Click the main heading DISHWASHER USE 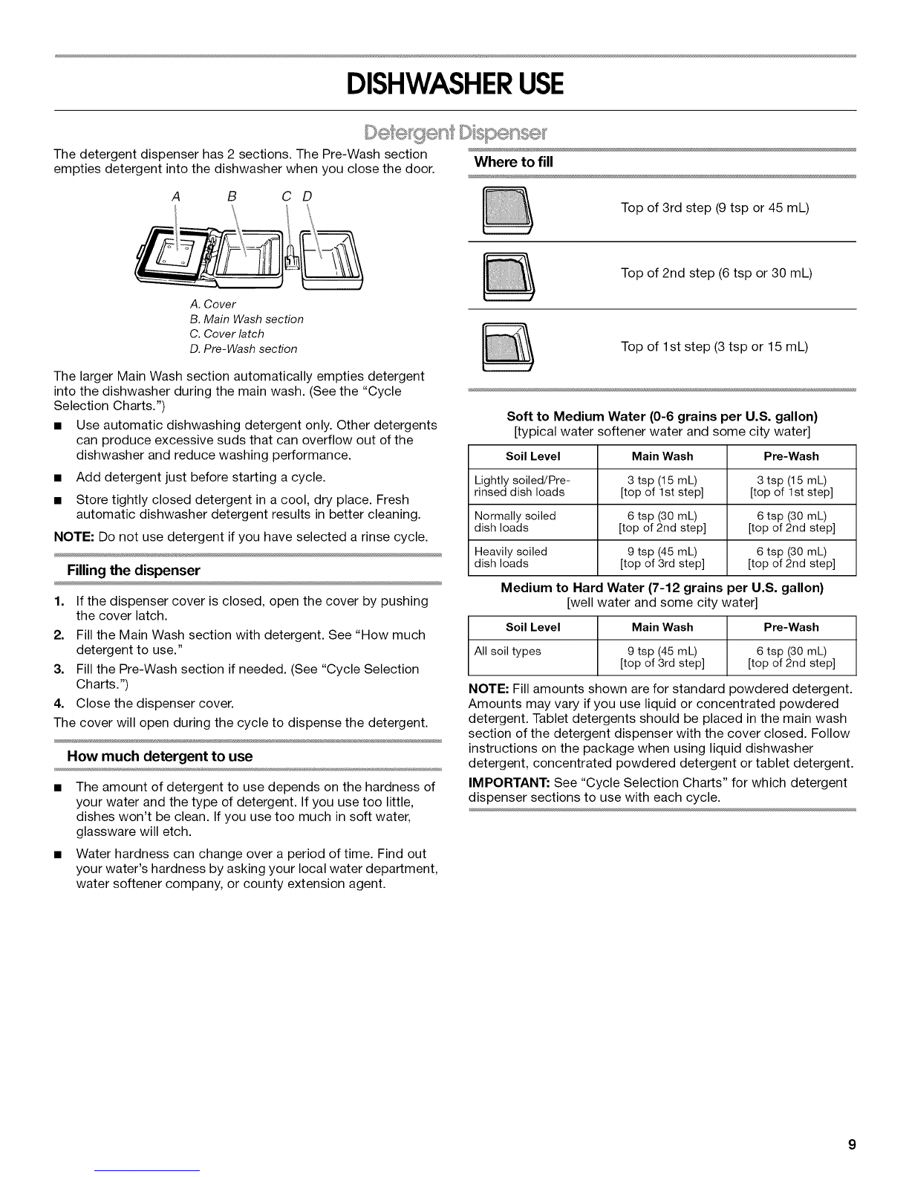[454, 83]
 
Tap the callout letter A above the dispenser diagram [175, 197]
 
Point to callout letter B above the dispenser [232, 197]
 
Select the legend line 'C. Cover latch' [227, 334]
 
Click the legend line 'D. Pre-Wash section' [243, 348]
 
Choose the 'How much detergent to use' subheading [160, 756]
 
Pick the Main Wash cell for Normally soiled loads [662, 522]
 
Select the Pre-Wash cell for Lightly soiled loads [791, 486]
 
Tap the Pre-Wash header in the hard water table [791, 627]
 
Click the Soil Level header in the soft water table [532, 456]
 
